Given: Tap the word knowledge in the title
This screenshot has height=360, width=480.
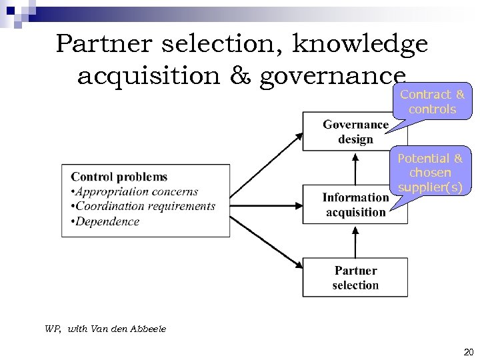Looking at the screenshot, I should [360, 45].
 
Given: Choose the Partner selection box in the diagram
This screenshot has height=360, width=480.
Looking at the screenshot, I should [355, 277].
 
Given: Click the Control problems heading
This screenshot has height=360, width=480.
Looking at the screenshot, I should [119, 177].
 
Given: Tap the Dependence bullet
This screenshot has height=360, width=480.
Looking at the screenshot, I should [107, 221].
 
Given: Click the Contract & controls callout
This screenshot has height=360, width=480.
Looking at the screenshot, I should [432, 101].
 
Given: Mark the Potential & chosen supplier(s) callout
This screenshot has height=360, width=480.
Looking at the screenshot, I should [430, 173].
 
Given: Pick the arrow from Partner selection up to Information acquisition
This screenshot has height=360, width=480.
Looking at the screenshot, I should [355, 241].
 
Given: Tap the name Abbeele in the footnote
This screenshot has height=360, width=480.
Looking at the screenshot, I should [149, 329].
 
